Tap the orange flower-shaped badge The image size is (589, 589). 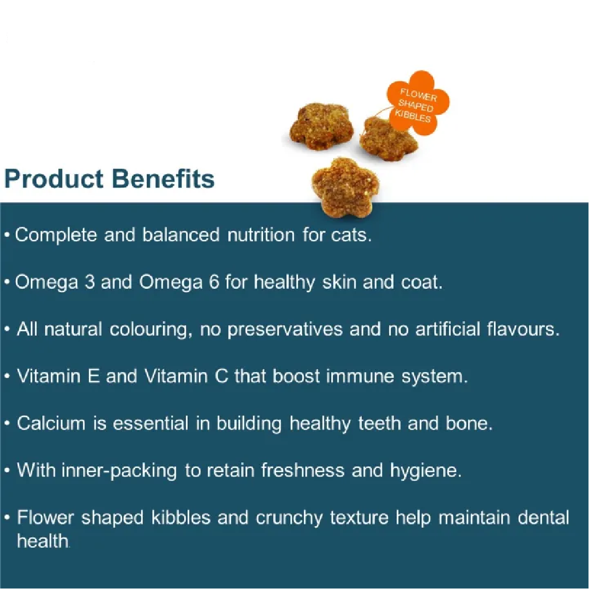[418, 102]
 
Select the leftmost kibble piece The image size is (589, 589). [322, 127]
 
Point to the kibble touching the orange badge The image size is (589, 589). [388, 138]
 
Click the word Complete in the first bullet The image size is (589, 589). [56, 235]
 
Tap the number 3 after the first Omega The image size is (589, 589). [89, 282]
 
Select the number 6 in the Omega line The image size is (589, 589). [214, 282]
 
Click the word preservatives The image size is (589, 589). [285, 330]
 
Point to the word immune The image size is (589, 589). [360, 376]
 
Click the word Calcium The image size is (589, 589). [51, 423]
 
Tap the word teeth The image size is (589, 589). [379, 423]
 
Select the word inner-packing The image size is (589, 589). [119, 471]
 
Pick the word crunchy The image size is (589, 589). [289, 518]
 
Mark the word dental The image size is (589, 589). [543, 517]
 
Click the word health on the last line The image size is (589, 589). [43, 541]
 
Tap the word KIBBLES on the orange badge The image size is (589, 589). [412, 116]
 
